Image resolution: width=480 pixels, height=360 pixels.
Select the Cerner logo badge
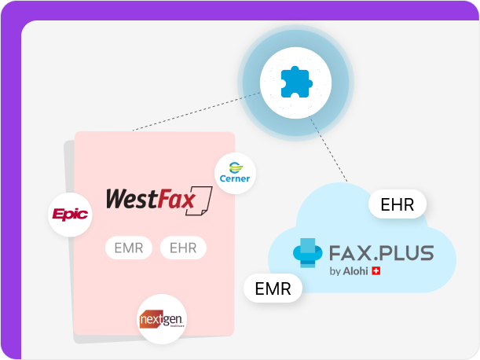235,172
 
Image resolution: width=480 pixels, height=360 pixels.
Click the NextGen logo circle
161,318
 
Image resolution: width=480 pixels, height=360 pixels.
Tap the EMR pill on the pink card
128,248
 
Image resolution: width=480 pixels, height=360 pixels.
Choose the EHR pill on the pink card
183,248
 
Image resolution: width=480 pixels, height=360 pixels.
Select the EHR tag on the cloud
397,205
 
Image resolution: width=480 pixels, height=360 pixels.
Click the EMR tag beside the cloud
273,288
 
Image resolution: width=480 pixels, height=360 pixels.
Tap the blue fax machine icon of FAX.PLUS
309,252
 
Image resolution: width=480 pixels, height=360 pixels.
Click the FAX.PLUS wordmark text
381,254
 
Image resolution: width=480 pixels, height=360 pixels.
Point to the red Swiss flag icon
375,272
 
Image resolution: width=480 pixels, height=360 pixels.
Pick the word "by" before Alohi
335,273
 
